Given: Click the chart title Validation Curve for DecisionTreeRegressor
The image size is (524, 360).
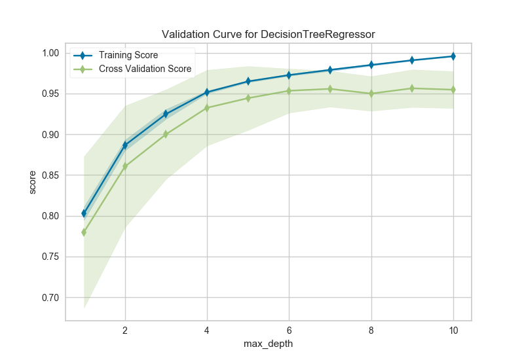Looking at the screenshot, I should pyautogui.click(x=268, y=33).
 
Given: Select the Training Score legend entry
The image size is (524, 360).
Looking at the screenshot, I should pyautogui.click(x=128, y=56).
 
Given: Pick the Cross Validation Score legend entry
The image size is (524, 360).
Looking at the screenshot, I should pyautogui.click(x=144, y=69).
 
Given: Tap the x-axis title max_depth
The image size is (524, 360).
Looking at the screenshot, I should pyautogui.click(x=268, y=342).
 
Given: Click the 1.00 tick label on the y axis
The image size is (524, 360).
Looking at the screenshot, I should pyautogui.click(x=50, y=53).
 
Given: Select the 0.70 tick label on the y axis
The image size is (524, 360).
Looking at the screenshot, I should pyautogui.click(x=50, y=298).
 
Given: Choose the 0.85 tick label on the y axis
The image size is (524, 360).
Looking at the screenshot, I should pyautogui.click(x=50, y=175).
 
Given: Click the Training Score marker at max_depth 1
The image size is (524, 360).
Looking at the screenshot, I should pyautogui.click(x=84, y=213).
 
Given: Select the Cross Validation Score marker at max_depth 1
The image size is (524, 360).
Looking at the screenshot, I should pyautogui.click(x=84, y=232).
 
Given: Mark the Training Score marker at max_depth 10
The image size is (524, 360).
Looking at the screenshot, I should pyautogui.click(x=453, y=56).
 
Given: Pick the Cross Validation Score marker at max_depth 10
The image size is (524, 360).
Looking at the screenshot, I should pyautogui.click(x=453, y=90).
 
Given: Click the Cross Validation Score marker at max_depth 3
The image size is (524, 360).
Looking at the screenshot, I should pyautogui.click(x=166, y=134).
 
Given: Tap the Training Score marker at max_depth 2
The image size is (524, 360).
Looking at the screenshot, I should pyautogui.click(x=125, y=145).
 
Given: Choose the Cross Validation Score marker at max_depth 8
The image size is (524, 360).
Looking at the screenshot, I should pyautogui.click(x=371, y=94).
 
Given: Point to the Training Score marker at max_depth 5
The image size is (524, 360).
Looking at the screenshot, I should pyautogui.click(x=248, y=81).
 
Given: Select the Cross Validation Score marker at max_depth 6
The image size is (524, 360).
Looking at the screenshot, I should pyautogui.click(x=289, y=90).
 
